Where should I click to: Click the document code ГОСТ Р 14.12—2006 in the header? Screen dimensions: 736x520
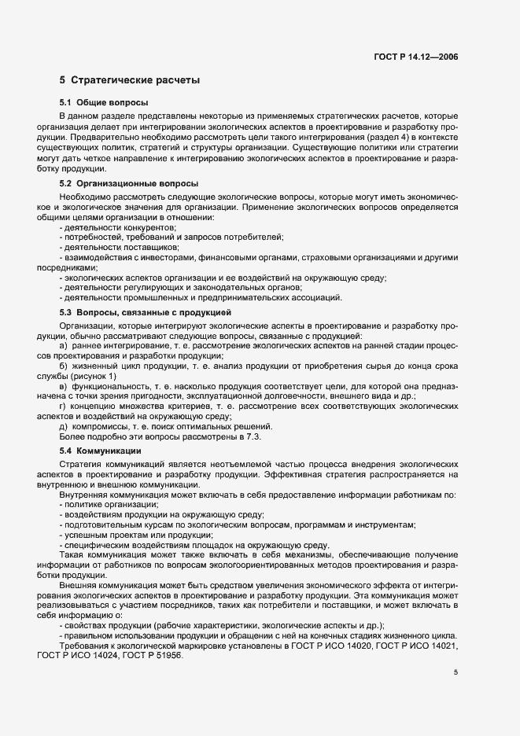(x=417, y=57)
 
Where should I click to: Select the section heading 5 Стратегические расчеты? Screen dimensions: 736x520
(x=130, y=80)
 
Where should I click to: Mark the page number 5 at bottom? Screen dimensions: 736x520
(x=455, y=672)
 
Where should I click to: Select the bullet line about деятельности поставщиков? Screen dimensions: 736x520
(x=120, y=247)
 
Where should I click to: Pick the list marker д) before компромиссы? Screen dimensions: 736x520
(x=64, y=426)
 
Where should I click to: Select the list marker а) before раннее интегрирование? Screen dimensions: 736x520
(x=64, y=346)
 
